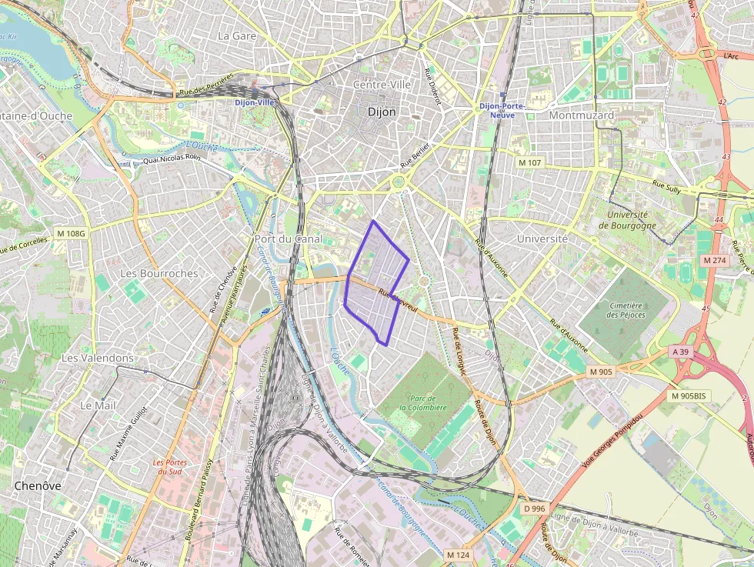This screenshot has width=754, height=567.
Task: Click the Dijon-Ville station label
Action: pos(255,102)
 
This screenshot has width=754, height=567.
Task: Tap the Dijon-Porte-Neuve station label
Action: pos(502,110)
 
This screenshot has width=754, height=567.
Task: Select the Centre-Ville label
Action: pos(382,85)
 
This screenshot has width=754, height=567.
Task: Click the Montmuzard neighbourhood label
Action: pos(582,115)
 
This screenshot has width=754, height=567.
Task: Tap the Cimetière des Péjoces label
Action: pos(626,309)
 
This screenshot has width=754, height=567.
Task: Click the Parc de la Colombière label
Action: pos(422,402)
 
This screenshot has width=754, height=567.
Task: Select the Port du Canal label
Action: pos(289,238)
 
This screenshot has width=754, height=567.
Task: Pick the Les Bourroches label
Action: pos(159,273)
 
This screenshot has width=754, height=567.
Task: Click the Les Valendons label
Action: pos(97,358)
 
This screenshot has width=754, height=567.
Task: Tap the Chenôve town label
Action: pos(38,485)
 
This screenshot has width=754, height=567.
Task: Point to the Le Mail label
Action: pos(97,405)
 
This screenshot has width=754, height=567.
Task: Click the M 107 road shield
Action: pos(529,162)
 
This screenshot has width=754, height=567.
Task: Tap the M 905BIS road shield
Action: pos(687,395)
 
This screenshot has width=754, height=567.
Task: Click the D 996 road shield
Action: pos(533,509)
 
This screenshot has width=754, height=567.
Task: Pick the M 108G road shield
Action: pos(71,232)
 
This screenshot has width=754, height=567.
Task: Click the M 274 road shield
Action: pos(715,261)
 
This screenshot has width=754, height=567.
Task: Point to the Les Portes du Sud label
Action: pos(169,467)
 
